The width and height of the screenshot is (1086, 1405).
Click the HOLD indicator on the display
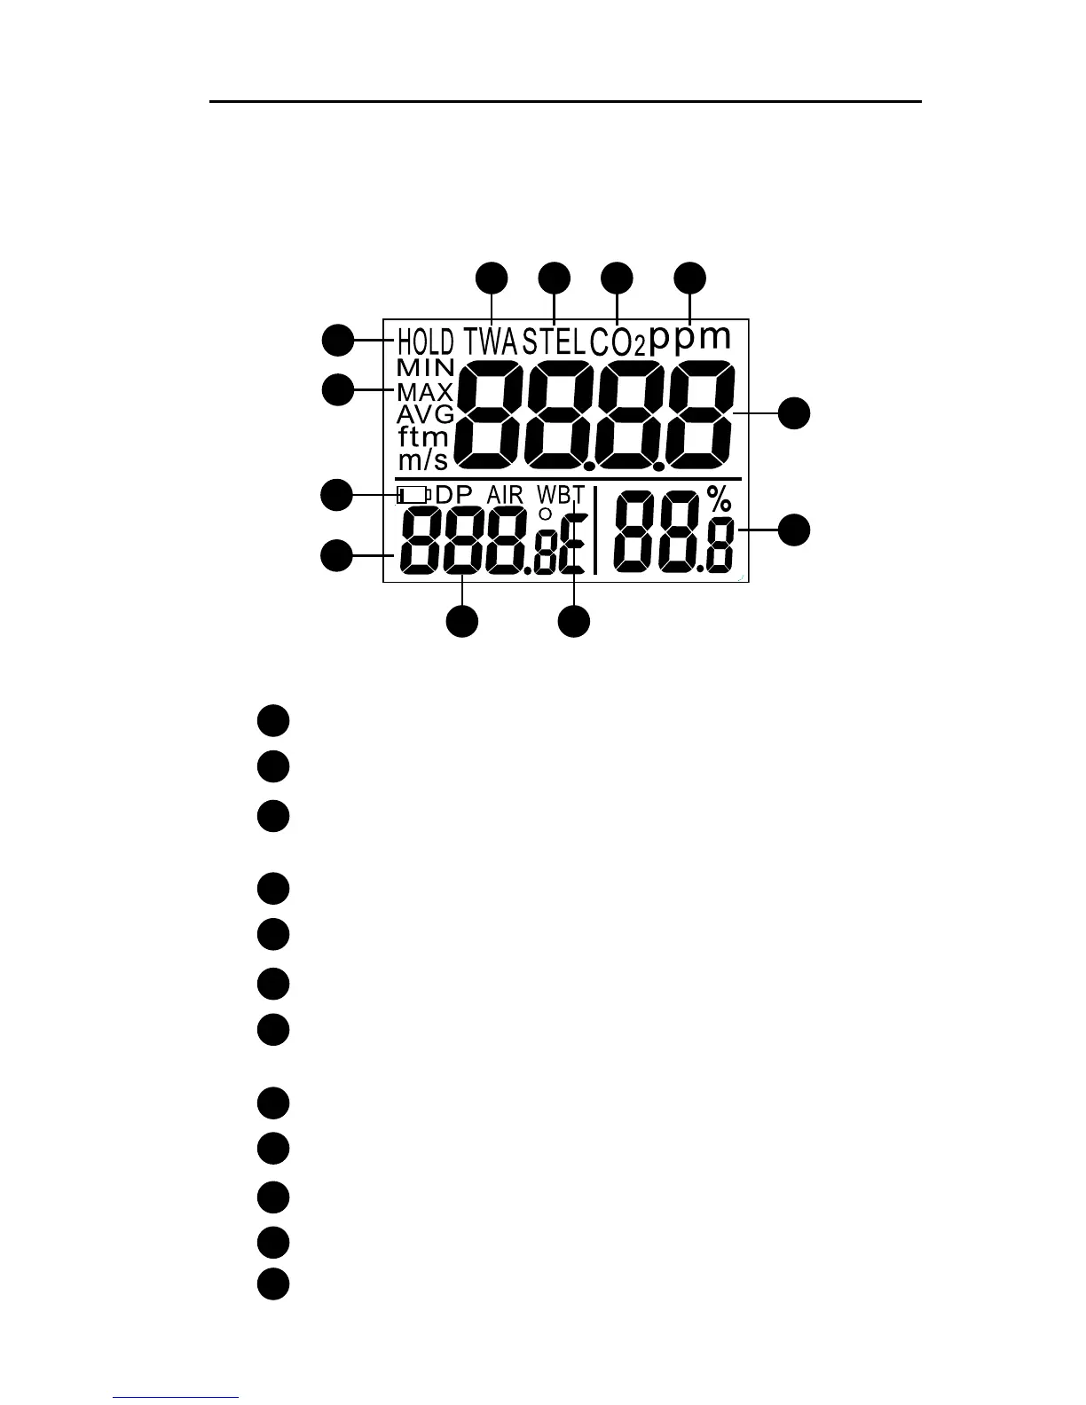(x=425, y=341)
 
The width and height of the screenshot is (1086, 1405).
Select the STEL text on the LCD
(x=554, y=341)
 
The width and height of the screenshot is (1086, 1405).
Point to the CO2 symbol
(x=617, y=342)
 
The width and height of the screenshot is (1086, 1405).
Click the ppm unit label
(x=691, y=339)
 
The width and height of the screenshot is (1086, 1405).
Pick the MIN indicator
(x=426, y=367)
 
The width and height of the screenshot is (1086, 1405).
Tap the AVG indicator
(x=425, y=414)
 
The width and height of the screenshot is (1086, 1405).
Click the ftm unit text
(x=422, y=436)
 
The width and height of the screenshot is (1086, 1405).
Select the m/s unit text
(x=421, y=459)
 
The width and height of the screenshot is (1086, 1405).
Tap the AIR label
(x=505, y=495)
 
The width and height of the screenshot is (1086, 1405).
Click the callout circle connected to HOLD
(x=336, y=341)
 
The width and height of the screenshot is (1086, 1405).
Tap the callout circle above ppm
(x=690, y=277)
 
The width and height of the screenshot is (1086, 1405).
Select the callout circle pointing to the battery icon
(x=336, y=495)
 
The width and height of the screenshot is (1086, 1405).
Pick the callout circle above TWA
(x=492, y=277)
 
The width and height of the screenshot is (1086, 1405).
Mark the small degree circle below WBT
(x=546, y=514)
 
